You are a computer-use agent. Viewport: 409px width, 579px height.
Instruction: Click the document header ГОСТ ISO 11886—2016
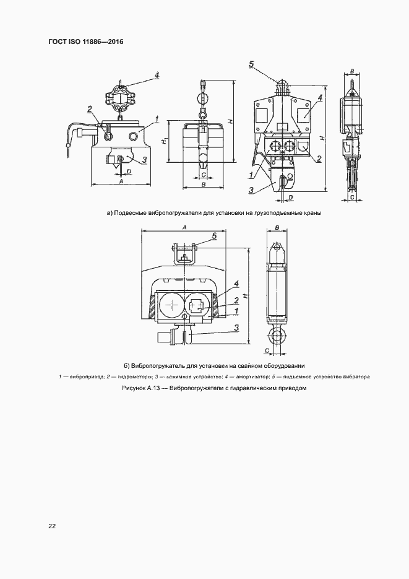tap(86, 42)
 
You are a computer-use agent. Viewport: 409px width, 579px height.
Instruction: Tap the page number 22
tap(53, 526)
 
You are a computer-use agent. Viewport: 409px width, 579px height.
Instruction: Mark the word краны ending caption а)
tap(312, 213)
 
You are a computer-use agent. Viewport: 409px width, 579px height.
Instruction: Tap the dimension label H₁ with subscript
tap(165, 142)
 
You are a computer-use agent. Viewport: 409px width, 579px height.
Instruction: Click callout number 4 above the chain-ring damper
tap(157, 76)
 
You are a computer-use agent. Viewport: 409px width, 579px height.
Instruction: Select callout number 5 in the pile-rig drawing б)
tap(214, 236)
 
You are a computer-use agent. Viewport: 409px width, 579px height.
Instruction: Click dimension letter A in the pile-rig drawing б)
tap(185, 227)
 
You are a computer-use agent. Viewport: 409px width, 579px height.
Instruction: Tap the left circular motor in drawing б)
tap(170, 305)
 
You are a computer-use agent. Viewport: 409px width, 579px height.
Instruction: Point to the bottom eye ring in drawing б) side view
tap(275, 338)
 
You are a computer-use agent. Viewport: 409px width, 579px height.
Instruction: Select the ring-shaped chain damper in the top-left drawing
tap(119, 97)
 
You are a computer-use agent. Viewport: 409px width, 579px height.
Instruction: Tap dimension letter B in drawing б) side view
tap(277, 228)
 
